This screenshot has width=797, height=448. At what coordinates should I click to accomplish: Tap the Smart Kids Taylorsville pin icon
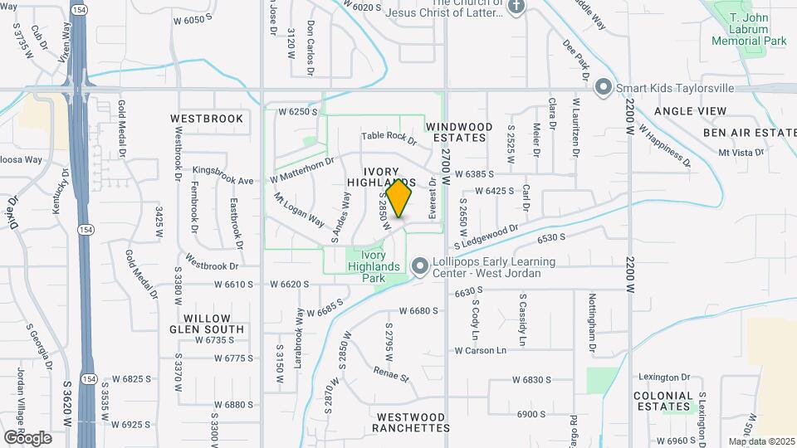pos(604,86)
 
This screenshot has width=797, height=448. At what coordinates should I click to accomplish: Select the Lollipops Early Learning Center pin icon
pos(420,266)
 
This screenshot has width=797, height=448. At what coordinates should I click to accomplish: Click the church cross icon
pos(516,7)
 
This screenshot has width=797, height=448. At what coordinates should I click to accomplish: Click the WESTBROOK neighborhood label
pos(207,119)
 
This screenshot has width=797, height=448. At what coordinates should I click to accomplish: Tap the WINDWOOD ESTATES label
pos(459,132)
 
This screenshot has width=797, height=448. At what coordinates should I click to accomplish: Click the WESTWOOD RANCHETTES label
pos(410,422)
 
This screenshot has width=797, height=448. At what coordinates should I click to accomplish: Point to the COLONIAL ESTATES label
pos(663,401)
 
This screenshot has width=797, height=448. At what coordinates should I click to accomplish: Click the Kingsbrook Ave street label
pos(222,175)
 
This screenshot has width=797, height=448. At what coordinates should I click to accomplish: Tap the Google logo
pos(27,437)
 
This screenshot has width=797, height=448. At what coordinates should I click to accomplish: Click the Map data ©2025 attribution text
pos(760,441)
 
